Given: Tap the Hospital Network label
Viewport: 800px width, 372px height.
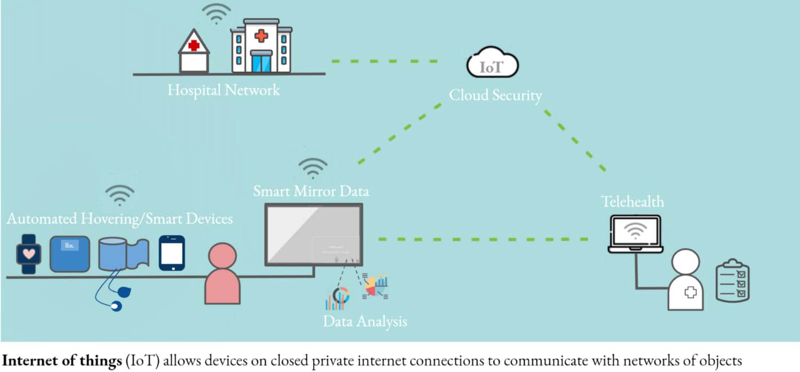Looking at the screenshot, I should (223, 90).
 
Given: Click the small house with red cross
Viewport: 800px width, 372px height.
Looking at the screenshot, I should (194, 52).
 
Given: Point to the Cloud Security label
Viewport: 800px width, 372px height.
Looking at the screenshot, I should (495, 95).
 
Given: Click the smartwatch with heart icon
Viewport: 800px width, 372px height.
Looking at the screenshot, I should (28, 254).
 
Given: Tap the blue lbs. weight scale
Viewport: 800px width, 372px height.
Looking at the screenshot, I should (70, 254).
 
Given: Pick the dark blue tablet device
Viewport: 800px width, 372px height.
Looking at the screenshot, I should (172, 253).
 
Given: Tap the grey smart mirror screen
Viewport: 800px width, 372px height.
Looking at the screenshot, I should (314, 234).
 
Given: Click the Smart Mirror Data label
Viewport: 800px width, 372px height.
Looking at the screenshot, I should (311, 191).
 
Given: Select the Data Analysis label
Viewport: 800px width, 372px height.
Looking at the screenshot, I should (365, 321).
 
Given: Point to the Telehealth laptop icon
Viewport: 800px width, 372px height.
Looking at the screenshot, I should (635, 233).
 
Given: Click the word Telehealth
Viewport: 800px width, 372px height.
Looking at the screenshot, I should (633, 201).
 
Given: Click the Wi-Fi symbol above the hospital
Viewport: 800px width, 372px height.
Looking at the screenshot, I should (216, 13).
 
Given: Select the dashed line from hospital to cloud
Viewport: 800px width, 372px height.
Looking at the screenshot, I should (384, 61).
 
